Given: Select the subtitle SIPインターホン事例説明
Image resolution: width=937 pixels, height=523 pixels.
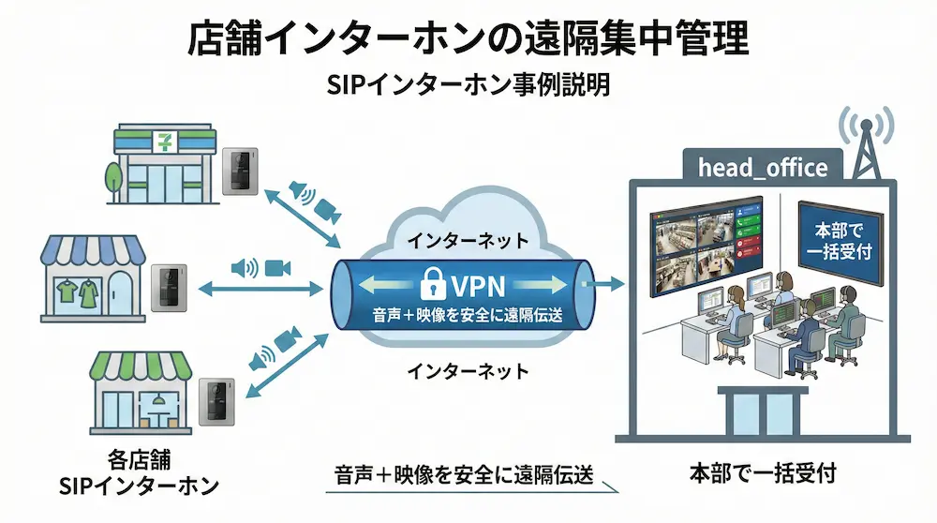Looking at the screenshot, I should click(x=468, y=85).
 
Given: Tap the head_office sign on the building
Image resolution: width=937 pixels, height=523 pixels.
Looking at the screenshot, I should click(x=763, y=168).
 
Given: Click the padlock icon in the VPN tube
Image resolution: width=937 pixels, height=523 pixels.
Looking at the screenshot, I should click(x=433, y=280).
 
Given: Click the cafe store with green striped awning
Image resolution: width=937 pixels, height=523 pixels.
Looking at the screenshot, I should click(x=141, y=394).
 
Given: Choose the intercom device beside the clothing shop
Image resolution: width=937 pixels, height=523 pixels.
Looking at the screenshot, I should click(x=171, y=283).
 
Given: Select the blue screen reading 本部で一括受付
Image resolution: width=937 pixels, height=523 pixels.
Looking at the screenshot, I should click(x=839, y=241).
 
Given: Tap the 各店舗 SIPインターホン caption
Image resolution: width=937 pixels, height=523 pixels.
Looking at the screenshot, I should click(x=138, y=473).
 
